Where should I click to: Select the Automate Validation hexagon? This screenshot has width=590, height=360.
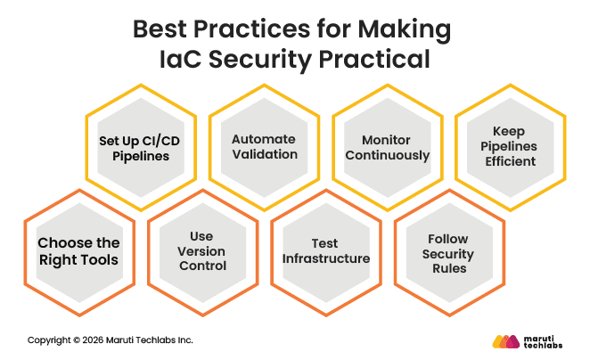pos(264,147)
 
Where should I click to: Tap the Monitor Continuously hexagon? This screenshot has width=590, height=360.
pos(387,147)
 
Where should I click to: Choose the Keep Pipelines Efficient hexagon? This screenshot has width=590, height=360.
pos(511,147)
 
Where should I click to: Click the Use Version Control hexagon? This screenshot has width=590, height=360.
pos(201,251)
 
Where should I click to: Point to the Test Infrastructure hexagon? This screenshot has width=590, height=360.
pos(325,251)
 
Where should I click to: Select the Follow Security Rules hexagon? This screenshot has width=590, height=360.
pos(448,251)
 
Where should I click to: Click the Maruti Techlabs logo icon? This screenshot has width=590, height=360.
pos(505,341)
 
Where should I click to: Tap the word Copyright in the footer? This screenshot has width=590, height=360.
pos(46,340)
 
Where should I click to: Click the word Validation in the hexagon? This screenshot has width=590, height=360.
pos(264,154)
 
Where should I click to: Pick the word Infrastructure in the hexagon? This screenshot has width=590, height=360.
pos(325,258)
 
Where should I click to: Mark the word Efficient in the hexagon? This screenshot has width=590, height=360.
pos(511,161)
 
